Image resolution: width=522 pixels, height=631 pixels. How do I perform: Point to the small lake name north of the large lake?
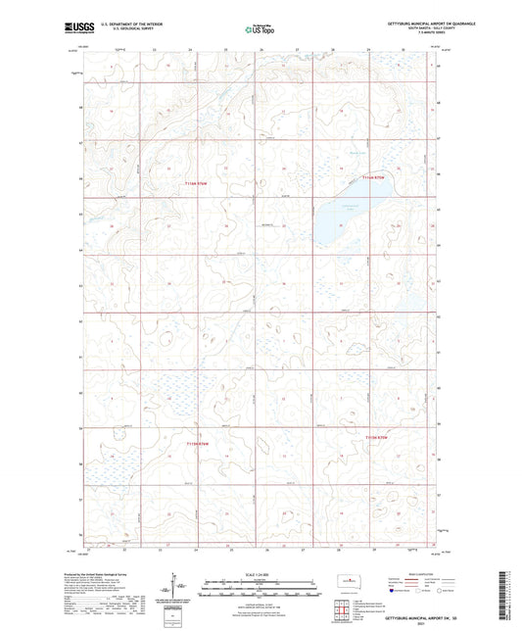(x=357, y=151)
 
